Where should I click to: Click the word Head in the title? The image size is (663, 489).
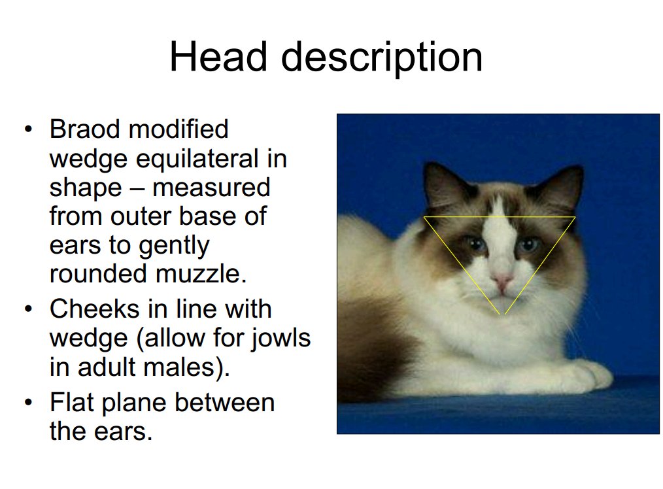(x=218, y=57)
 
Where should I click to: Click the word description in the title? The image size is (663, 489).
(x=381, y=59)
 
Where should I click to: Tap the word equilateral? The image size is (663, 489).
(x=197, y=159)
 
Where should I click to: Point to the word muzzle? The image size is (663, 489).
(x=201, y=274)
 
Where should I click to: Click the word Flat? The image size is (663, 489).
(x=71, y=402)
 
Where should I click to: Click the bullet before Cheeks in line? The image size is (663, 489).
(x=28, y=309)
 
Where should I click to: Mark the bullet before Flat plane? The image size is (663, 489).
(x=28, y=402)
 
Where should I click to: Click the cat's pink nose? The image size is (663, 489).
(x=502, y=280)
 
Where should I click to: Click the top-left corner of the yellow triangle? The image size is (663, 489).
(x=424, y=217)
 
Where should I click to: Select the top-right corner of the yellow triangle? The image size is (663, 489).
(x=575, y=217)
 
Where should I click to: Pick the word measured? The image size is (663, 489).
(x=211, y=188)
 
